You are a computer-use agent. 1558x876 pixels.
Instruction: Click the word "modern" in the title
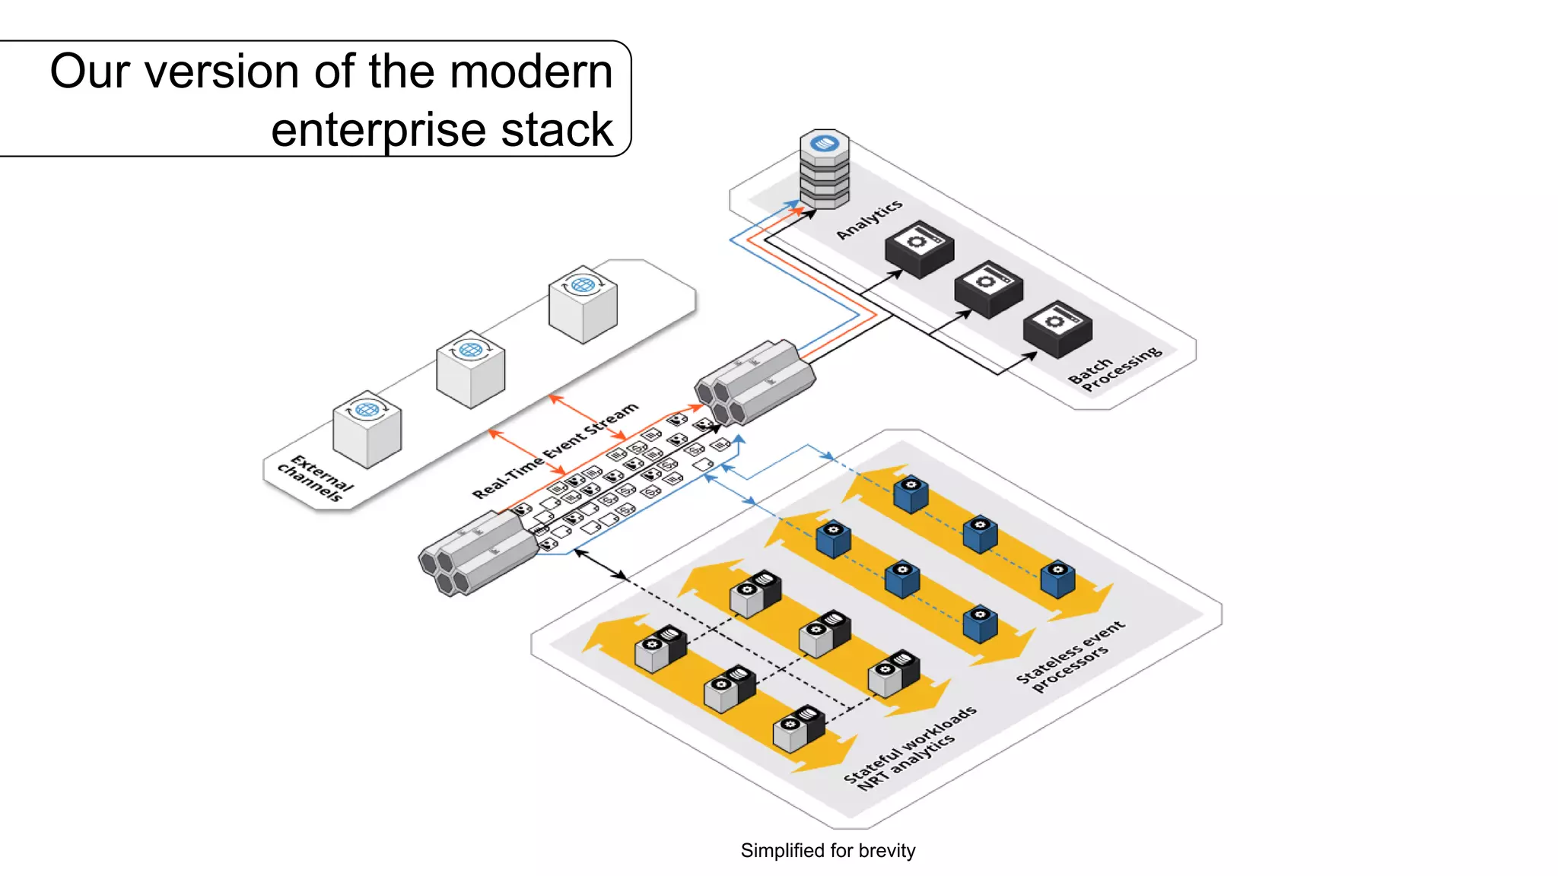tap(531, 71)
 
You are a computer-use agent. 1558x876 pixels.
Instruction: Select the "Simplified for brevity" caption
tap(828, 850)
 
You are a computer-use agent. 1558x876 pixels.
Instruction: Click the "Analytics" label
tap(870, 219)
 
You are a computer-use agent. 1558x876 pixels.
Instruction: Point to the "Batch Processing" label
tap(1114, 368)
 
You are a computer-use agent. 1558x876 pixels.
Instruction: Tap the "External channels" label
tap(316, 478)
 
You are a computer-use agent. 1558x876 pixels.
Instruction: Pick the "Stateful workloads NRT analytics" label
tap(910, 748)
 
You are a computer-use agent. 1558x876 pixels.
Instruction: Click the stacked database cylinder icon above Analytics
tap(825, 169)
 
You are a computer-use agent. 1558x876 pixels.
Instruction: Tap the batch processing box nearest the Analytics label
tap(919, 249)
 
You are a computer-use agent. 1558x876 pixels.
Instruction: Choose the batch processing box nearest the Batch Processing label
tap(1057, 329)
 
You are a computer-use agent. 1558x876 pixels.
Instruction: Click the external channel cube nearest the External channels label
tap(367, 429)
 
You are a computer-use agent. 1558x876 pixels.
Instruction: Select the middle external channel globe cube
tap(471, 369)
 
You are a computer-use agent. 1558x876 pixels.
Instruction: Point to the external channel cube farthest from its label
tap(583, 304)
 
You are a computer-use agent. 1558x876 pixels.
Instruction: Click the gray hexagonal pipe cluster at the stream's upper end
tap(755, 382)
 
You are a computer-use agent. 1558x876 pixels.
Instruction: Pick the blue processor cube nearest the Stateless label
tap(1057, 579)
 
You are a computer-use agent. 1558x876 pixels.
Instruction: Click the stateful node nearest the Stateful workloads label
tap(799, 728)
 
